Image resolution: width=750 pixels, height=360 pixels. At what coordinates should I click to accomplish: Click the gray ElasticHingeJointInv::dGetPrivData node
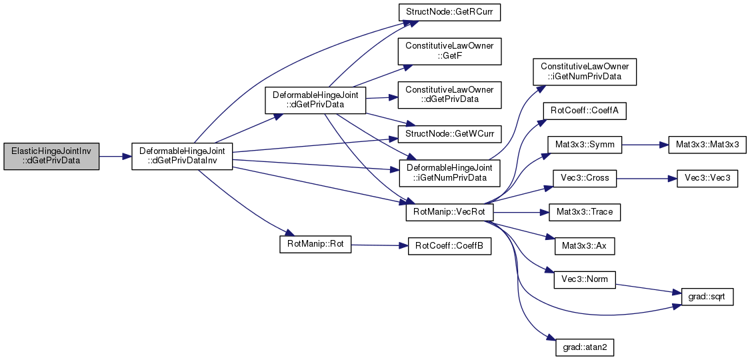tap(51, 156)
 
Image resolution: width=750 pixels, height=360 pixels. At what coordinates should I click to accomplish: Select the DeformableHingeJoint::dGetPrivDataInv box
tap(182, 156)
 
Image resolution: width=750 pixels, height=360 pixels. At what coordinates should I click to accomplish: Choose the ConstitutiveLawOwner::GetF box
tap(449, 51)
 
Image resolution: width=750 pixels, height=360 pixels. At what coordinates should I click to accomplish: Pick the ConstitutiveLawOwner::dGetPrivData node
tap(449, 95)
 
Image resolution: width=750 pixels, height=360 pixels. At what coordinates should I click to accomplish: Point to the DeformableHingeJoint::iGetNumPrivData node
tap(449, 173)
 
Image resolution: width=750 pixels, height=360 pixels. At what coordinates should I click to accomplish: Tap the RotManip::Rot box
tap(315, 245)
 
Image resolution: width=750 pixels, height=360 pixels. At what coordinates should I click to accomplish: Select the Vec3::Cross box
tap(585, 178)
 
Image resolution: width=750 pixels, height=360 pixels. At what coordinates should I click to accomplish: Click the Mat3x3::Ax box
tap(585, 246)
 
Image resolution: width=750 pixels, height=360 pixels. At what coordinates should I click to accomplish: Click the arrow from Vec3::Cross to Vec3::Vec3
tap(646, 178)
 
